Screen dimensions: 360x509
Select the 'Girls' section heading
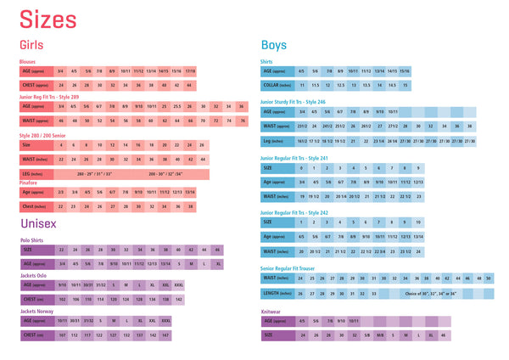tap(32, 45)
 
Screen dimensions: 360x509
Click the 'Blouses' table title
tap(28, 62)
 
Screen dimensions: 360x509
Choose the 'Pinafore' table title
tap(29, 182)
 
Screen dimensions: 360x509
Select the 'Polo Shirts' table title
tap(31, 241)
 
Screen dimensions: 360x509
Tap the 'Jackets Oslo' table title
tap(34, 276)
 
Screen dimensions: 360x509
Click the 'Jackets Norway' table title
tap(36, 312)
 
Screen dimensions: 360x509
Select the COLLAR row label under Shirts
tap(275, 86)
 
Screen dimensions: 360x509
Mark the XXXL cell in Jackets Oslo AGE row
tap(178, 285)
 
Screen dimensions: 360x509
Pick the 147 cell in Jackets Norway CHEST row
tap(165, 335)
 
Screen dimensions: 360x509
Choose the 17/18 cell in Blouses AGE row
tap(190, 71)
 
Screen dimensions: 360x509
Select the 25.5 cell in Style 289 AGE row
tap(177, 107)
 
